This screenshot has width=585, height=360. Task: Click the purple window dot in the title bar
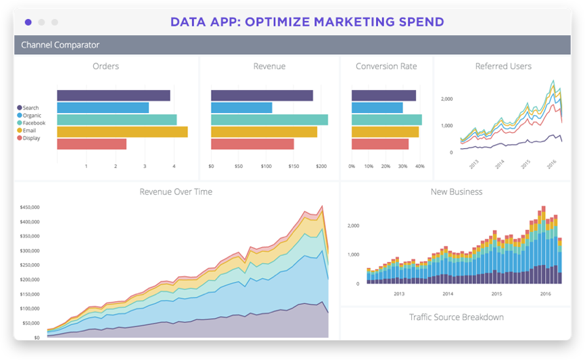click(28, 22)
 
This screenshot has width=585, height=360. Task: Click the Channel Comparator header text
click(60, 45)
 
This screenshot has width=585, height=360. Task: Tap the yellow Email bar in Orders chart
click(122, 132)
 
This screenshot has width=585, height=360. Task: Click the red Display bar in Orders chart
click(91, 144)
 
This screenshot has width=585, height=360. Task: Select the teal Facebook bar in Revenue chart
click(269, 120)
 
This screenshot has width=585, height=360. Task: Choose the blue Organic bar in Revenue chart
click(241, 108)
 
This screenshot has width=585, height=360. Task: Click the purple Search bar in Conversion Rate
click(383, 95)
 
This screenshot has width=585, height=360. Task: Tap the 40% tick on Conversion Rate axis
click(419, 166)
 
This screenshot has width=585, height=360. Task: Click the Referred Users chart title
click(503, 66)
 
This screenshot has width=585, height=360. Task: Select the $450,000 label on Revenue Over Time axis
click(29, 207)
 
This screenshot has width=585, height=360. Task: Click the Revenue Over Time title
click(176, 192)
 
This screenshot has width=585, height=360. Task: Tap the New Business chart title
click(457, 192)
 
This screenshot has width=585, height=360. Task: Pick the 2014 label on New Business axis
click(448, 294)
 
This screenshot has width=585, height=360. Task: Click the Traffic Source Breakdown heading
click(457, 317)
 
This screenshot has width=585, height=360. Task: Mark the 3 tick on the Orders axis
click(145, 166)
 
